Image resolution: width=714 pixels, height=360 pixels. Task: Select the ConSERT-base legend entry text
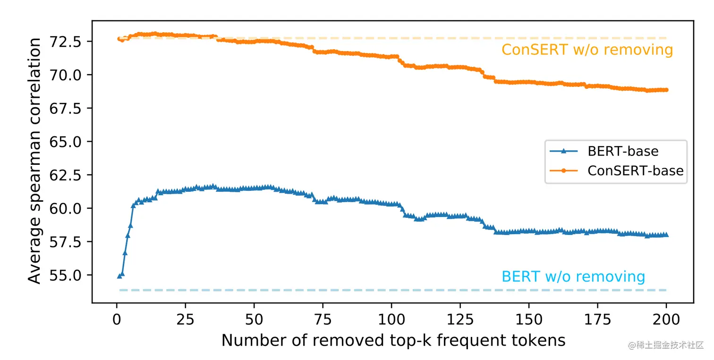point(635,171)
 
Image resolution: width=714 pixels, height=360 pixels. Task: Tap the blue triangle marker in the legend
point(564,151)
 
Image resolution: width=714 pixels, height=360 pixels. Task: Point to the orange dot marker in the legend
point(564,171)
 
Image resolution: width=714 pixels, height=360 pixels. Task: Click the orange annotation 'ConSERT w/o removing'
point(587,50)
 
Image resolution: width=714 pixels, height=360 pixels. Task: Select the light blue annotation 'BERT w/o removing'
point(573,276)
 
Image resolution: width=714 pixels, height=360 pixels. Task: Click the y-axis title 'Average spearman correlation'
point(34,161)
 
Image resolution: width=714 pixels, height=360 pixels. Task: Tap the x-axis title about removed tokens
point(393,340)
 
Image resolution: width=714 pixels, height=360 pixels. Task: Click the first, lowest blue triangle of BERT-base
point(119,275)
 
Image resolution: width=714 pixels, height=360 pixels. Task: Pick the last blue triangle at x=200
point(666,234)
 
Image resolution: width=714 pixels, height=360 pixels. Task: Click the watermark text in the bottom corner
point(666,345)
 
